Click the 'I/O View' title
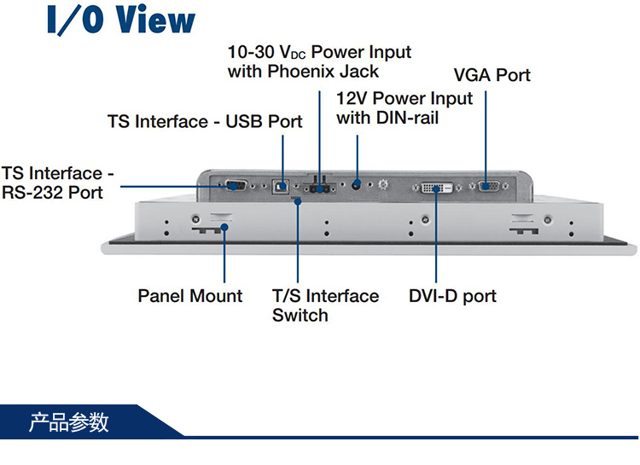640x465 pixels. [x=122, y=20]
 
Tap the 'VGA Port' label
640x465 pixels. [x=492, y=75]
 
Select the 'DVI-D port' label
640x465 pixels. [x=452, y=296]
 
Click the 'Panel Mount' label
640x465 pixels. [x=190, y=296]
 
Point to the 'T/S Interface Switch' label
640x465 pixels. [x=325, y=305]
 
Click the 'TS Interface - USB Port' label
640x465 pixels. [x=205, y=121]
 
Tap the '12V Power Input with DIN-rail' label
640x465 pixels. [x=404, y=108]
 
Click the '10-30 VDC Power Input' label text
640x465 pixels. [x=319, y=53]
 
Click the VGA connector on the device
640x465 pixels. [x=487, y=187]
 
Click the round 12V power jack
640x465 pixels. [x=357, y=183]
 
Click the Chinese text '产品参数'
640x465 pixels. [x=69, y=422]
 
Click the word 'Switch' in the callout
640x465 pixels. [x=300, y=316]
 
